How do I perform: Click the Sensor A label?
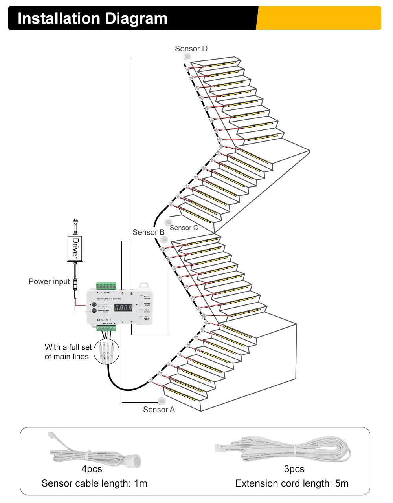click(159, 410)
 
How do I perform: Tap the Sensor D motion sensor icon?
click(187, 57)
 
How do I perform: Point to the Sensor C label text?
click(184, 228)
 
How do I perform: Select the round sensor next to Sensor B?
click(164, 239)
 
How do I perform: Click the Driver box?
click(75, 248)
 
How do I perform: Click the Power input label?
click(49, 281)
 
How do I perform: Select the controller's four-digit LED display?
click(123, 308)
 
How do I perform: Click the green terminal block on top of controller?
click(106, 286)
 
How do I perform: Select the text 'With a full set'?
click(68, 347)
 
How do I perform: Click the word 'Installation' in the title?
click(59, 18)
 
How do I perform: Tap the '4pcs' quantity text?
click(92, 469)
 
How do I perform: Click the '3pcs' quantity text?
click(294, 469)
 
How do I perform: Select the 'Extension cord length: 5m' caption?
click(292, 483)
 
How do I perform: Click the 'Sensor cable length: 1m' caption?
click(94, 483)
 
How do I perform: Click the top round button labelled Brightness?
click(141, 298)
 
